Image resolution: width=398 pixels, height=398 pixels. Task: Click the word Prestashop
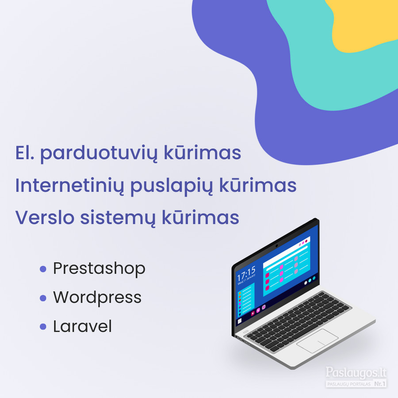(x=99, y=269)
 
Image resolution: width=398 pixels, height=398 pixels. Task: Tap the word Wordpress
(x=97, y=298)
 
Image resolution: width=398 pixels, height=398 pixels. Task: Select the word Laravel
(x=82, y=326)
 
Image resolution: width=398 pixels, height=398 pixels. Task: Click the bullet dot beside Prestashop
(x=43, y=269)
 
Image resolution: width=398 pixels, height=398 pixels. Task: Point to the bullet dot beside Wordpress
(x=43, y=298)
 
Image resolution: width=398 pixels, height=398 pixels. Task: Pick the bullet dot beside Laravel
(x=43, y=327)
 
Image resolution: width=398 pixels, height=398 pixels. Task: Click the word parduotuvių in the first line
(x=99, y=153)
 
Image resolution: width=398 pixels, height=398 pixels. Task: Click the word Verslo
(x=45, y=218)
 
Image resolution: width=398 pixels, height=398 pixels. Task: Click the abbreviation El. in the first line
(x=25, y=153)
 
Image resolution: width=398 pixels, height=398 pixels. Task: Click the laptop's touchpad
(x=317, y=341)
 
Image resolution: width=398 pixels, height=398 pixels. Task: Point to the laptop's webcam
(x=277, y=246)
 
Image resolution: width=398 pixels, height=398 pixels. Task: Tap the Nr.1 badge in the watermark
(x=380, y=384)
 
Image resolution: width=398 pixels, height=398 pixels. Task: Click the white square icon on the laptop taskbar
(x=239, y=321)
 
